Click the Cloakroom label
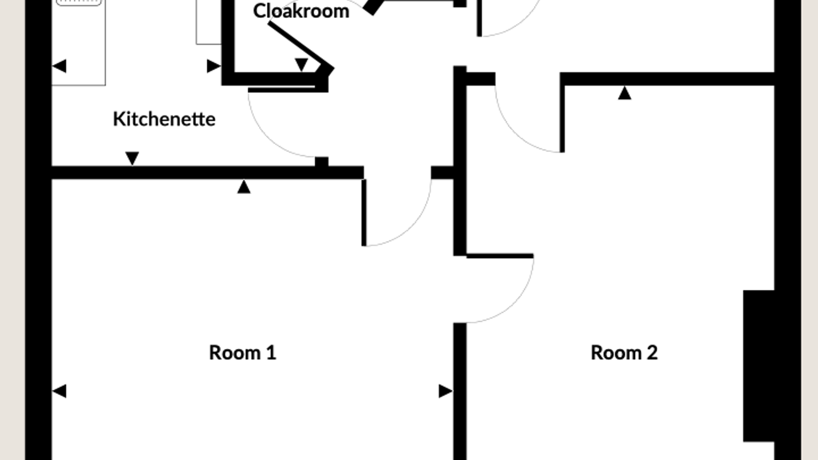[x=301, y=11]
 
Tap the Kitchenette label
[x=165, y=119]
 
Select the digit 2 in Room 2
[x=652, y=352]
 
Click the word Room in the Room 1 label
[x=235, y=352]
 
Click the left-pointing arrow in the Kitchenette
[x=59, y=66]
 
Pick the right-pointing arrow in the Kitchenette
[x=214, y=66]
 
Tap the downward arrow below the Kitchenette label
[x=132, y=159]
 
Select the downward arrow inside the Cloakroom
[x=301, y=65]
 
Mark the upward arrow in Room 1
[x=244, y=186]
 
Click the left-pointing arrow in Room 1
[x=59, y=391]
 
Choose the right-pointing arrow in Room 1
[x=446, y=391]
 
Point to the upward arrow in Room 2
[x=625, y=92]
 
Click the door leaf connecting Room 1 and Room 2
[x=500, y=256]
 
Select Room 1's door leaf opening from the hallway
[x=364, y=213]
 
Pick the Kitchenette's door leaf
[x=281, y=90]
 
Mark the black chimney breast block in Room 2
[x=759, y=366]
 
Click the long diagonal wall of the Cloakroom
[x=301, y=46]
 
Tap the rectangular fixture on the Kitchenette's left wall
[x=78, y=43]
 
